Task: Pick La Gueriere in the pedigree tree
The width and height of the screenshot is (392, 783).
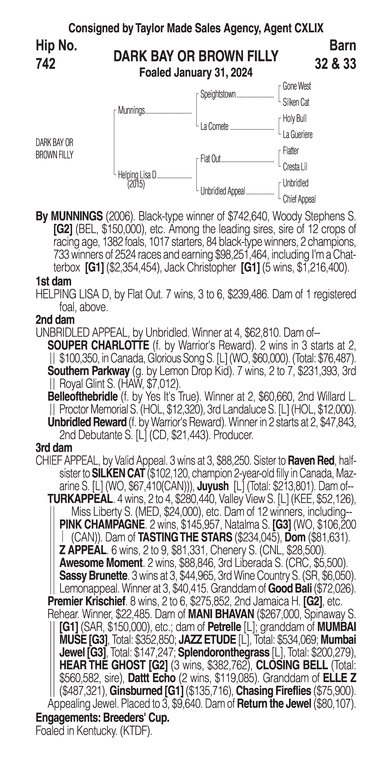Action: tap(297, 134)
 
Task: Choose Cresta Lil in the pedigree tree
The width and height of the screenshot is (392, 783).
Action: tap(295, 167)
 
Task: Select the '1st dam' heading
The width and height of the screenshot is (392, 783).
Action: tap(53, 281)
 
